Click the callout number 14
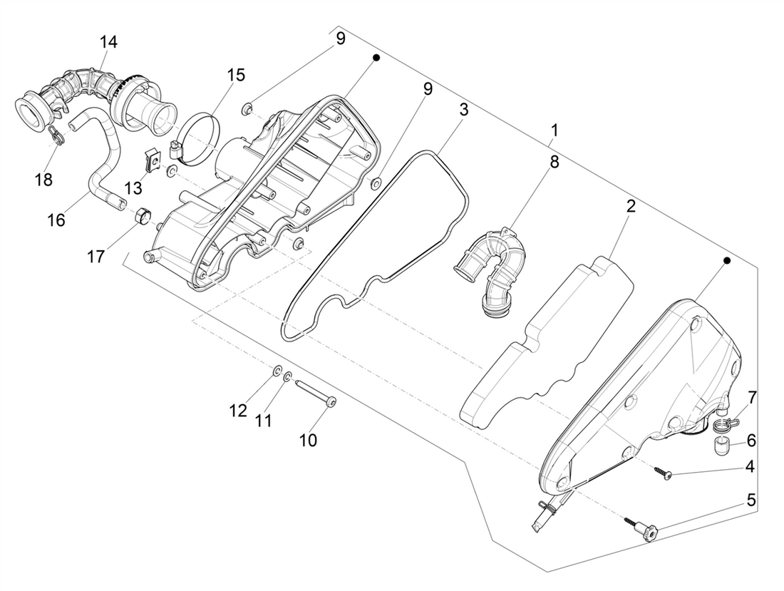(x=108, y=42)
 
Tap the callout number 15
(x=236, y=75)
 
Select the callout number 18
(x=44, y=179)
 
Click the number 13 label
(x=133, y=188)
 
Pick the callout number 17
(x=96, y=257)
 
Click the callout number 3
(x=463, y=110)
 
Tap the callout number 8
(x=554, y=162)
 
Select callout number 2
(x=631, y=206)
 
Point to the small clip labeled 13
(x=153, y=160)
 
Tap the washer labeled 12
(x=277, y=371)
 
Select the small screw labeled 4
(x=664, y=472)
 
